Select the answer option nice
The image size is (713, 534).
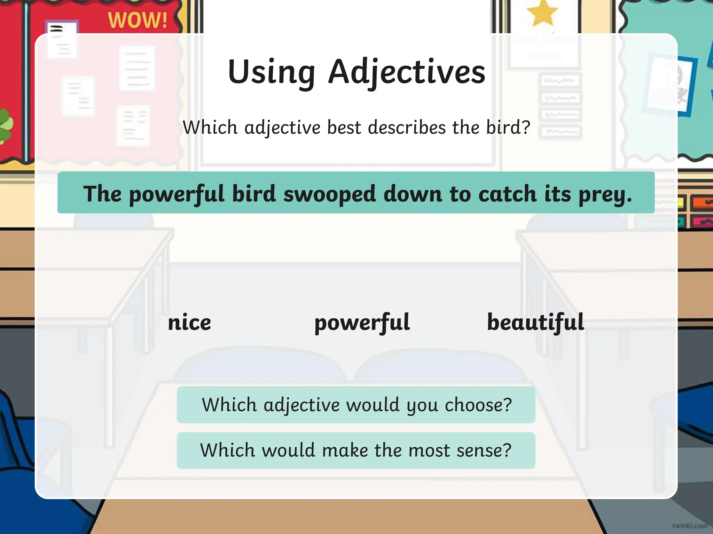pos(189,322)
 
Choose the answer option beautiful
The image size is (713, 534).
pos(535,322)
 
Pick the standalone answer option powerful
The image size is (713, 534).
pos(362,322)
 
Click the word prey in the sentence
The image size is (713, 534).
pos(605,194)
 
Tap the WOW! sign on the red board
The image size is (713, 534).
pos(138,20)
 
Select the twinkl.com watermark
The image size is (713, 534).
pos(689,526)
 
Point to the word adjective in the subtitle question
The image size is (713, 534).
pos(282,128)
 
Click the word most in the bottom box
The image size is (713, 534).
pos(429,451)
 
